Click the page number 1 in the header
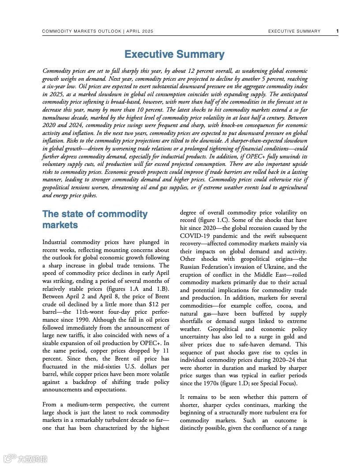click(337, 31)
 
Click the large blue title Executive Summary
click(174, 54)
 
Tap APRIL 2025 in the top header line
click(140, 31)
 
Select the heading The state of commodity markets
click(95, 219)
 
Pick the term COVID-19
click(196, 236)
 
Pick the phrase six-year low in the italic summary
click(63, 86)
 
